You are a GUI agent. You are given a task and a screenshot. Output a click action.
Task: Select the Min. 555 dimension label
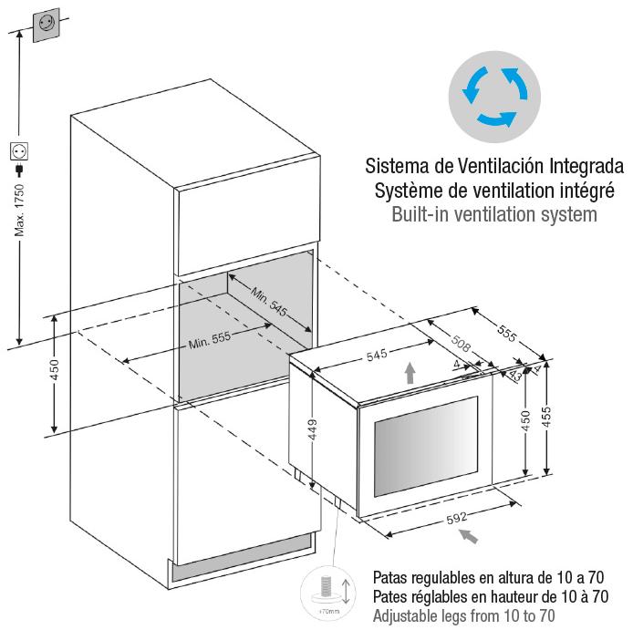click(x=210, y=341)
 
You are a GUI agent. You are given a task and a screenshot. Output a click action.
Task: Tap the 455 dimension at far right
click(x=558, y=420)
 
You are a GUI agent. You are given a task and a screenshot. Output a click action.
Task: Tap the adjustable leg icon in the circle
click(x=327, y=591)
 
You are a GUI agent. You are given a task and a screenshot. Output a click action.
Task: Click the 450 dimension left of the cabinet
click(x=54, y=371)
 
